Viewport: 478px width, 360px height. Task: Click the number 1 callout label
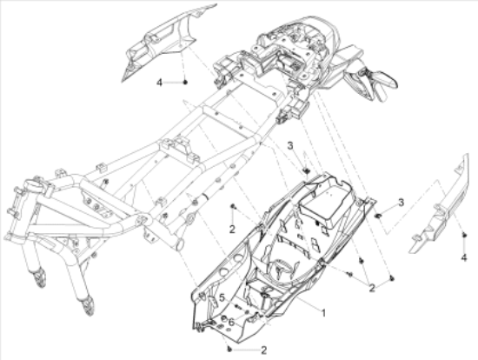tap(323, 312)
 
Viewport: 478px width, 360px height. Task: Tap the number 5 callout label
tap(222, 297)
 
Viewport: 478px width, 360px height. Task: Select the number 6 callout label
tap(231, 322)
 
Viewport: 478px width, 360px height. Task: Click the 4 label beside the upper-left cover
tap(159, 83)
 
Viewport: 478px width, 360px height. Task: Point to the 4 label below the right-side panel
tap(464, 257)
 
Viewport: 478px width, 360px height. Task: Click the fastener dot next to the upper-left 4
tap(185, 82)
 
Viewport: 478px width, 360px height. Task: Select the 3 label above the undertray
tap(290, 146)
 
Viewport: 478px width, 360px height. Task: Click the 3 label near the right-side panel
tap(402, 202)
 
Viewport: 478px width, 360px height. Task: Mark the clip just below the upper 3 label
tap(306, 170)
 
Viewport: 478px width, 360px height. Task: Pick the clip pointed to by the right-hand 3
tap(378, 216)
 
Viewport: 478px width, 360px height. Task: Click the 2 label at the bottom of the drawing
tap(264, 350)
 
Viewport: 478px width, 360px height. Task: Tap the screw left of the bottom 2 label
tap(229, 349)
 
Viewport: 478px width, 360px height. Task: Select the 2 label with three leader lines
tap(372, 288)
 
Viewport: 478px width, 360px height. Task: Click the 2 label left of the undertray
tap(232, 230)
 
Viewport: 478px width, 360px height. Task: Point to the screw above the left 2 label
tap(233, 207)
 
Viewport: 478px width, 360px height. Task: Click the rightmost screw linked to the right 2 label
tap(392, 278)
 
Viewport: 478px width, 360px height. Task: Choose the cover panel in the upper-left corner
tap(164, 43)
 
